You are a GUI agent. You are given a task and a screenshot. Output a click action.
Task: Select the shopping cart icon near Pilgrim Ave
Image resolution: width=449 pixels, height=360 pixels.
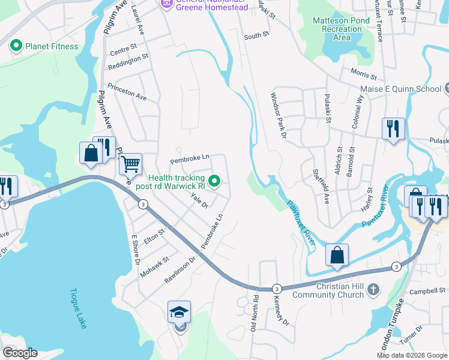pos(130,163)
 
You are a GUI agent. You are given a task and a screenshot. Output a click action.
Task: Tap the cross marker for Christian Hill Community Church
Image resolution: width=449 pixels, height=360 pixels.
pos(373,290)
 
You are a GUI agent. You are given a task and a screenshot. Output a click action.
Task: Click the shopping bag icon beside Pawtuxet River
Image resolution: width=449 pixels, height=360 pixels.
pos(337,254)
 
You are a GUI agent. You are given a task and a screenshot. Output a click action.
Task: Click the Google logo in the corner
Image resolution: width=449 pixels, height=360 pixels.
pos(20,353)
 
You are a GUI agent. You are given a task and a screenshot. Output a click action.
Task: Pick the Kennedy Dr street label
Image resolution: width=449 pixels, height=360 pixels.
pos(281,311)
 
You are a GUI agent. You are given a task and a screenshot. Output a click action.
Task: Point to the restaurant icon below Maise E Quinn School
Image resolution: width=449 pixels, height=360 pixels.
pos(393,129)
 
